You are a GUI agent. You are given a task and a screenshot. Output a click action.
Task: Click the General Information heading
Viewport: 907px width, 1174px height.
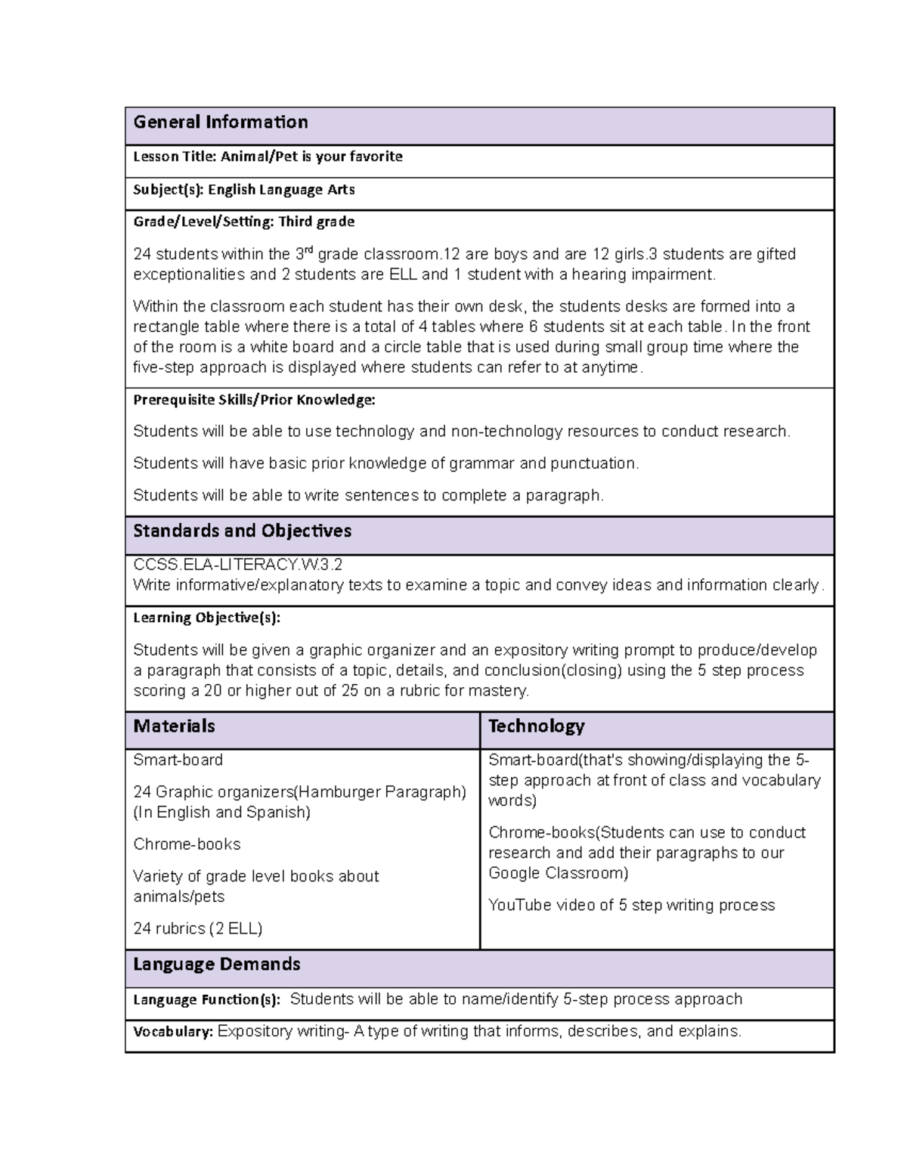(x=221, y=122)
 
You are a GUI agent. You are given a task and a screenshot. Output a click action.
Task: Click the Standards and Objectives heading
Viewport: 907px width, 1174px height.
(x=242, y=531)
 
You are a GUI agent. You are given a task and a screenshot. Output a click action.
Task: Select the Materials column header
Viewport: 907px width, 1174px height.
(x=174, y=726)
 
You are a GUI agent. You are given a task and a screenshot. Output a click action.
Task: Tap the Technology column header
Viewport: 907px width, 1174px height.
(x=537, y=726)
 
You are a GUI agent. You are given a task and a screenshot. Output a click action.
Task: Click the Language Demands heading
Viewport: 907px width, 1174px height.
(x=217, y=965)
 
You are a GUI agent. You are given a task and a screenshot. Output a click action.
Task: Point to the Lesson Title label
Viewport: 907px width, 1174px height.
(x=175, y=157)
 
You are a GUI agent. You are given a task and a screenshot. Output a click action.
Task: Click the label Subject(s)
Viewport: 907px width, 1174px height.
(x=169, y=190)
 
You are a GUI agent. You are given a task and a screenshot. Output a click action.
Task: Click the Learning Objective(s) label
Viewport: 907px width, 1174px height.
(x=206, y=618)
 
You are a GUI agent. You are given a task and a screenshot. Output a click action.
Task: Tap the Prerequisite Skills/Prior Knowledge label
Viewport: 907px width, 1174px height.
(x=254, y=399)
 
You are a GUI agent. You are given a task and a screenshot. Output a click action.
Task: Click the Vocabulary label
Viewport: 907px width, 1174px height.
(x=173, y=1032)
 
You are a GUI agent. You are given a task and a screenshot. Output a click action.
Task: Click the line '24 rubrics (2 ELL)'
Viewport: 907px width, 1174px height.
(x=198, y=929)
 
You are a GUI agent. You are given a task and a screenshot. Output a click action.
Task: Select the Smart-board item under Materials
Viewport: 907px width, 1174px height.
(x=178, y=760)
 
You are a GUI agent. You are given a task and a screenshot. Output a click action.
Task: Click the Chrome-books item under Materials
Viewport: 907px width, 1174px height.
(x=187, y=844)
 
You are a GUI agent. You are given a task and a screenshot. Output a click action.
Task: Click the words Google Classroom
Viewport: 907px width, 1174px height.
(x=558, y=874)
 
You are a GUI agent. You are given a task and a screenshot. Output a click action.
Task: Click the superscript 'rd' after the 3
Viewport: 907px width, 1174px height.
(x=308, y=250)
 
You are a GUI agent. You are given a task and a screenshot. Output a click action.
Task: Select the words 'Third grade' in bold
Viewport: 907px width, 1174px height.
(x=316, y=222)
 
